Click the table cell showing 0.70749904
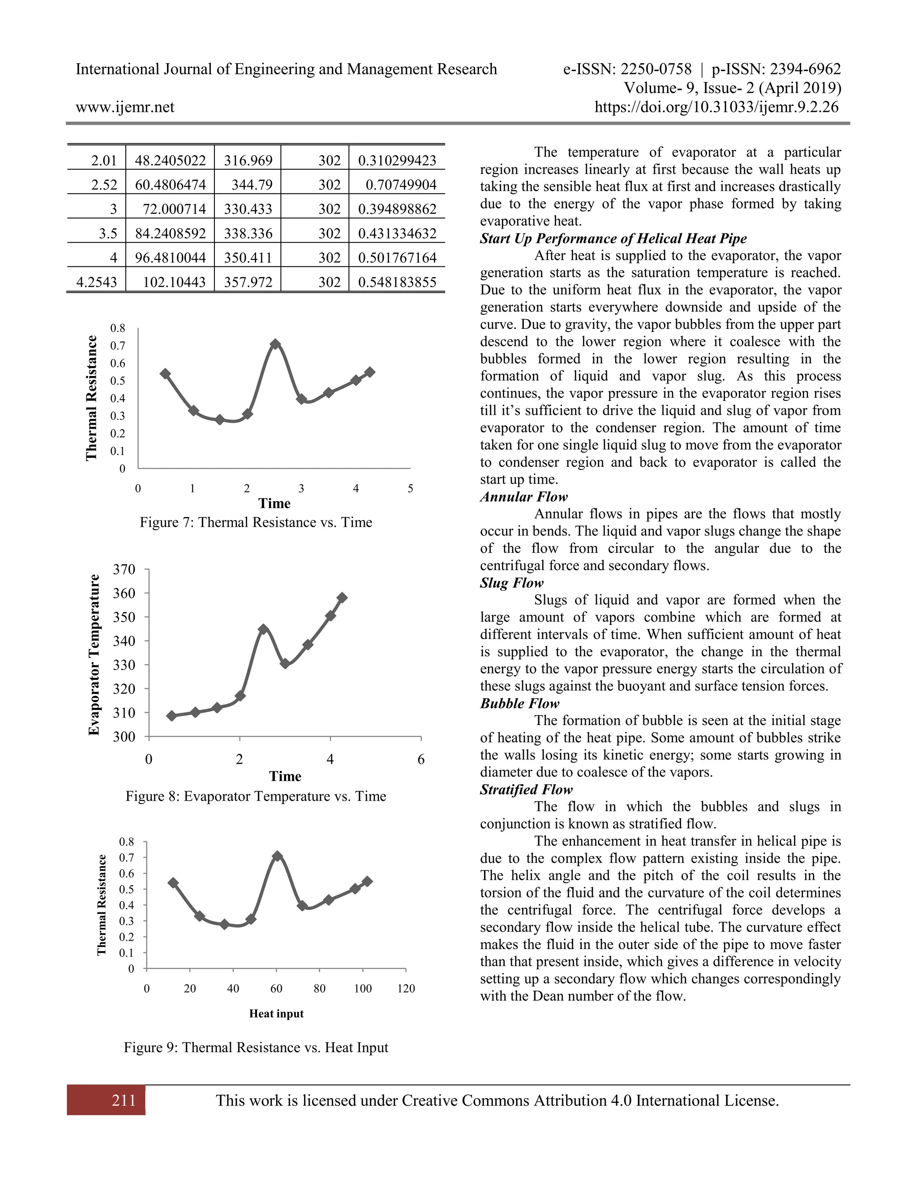400,185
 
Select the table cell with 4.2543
97,282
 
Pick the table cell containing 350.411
248,257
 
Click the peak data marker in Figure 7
275,344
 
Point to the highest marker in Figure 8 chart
342,598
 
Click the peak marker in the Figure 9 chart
277,856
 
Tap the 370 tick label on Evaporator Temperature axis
124,570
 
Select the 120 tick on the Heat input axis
406,988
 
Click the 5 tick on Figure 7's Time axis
410,489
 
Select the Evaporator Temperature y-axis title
94,654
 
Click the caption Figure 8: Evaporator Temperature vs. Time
256,796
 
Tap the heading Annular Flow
524,497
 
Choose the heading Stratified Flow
526,789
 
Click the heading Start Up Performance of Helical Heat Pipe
613,239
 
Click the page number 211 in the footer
124,1101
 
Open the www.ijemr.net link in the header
125,107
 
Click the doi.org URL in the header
716,107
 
